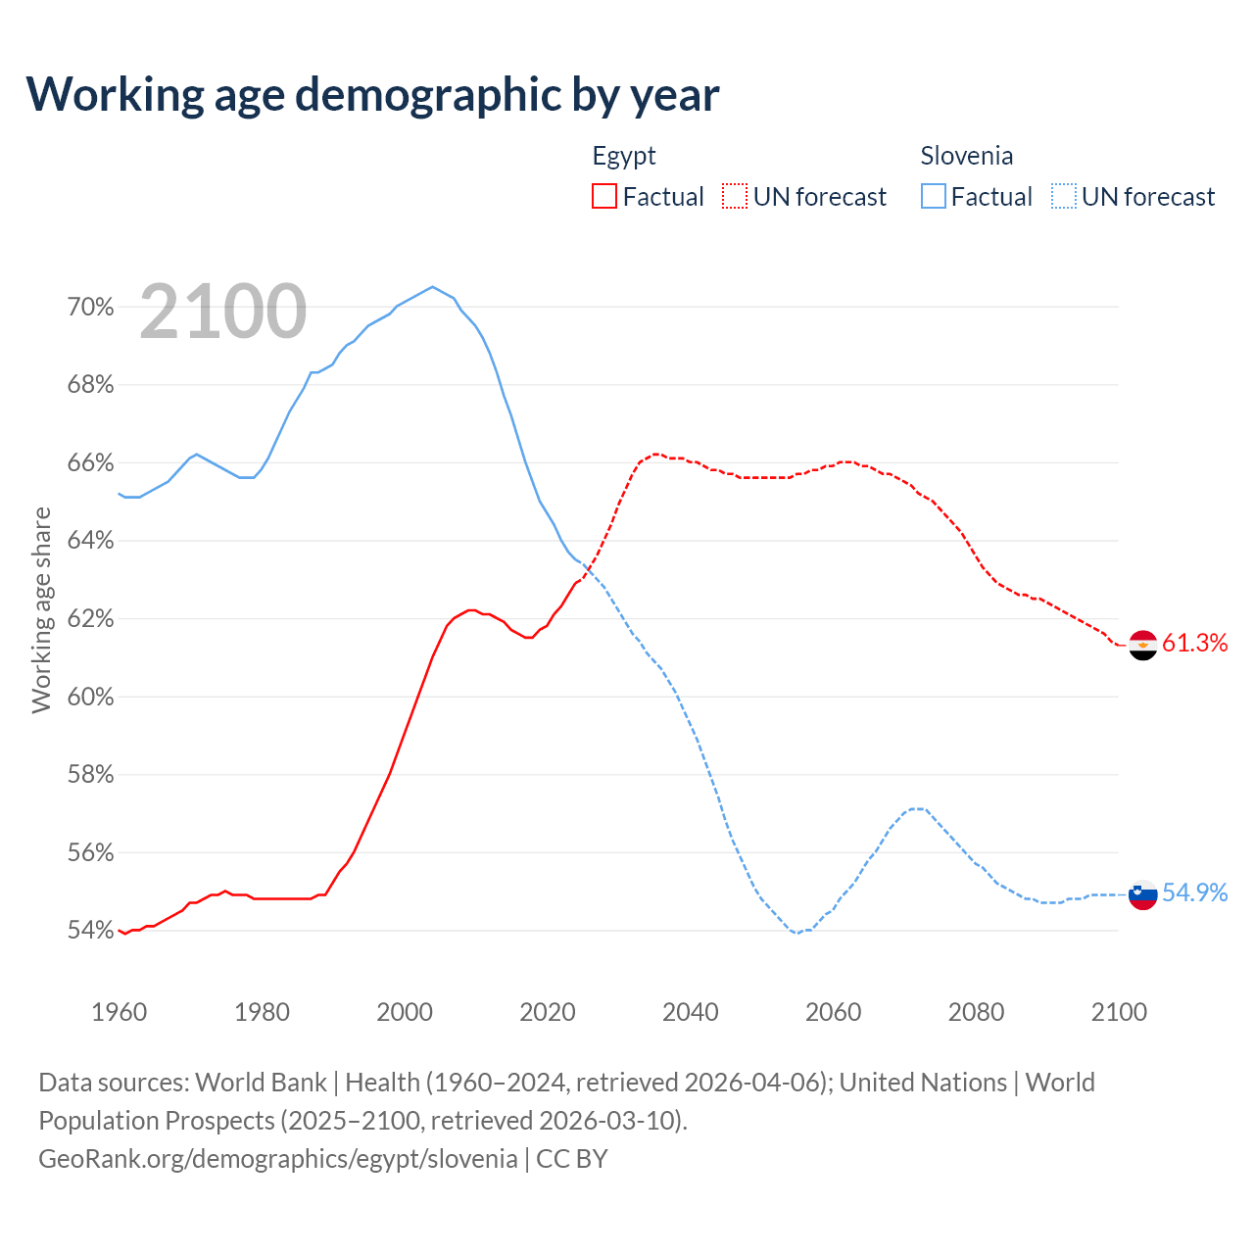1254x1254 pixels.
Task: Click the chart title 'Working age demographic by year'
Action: pyautogui.click(x=372, y=94)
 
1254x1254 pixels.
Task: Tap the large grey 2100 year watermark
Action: pyautogui.click(x=223, y=312)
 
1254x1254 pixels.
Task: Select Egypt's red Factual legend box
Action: pyautogui.click(x=604, y=197)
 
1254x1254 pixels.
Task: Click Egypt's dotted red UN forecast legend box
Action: pyautogui.click(x=735, y=197)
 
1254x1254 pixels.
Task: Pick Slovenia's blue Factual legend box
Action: pyautogui.click(x=934, y=197)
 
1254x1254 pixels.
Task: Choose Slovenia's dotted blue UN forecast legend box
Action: pyautogui.click(x=1063, y=197)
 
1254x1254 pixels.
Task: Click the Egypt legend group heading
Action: pyautogui.click(x=624, y=156)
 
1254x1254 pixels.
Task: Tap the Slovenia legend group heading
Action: pyautogui.click(x=966, y=156)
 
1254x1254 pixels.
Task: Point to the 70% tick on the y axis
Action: pyautogui.click(x=90, y=308)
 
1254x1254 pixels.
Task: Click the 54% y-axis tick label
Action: pyautogui.click(x=90, y=931)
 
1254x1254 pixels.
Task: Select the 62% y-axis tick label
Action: pyautogui.click(x=90, y=619)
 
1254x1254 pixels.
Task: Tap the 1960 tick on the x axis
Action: pyautogui.click(x=120, y=1012)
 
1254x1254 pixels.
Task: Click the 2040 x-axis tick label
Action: pyautogui.click(x=691, y=1012)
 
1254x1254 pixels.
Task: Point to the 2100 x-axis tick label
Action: pyautogui.click(x=1119, y=1012)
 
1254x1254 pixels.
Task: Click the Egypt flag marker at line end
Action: pyautogui.click(x=1143, y=645)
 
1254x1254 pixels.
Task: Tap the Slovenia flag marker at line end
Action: pyautogui.click(x=1143, y=894)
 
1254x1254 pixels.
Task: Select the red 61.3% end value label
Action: pyautogui.click(x=1194, y=643)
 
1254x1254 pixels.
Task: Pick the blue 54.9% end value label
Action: pyautogui.click(x=1194, y=892)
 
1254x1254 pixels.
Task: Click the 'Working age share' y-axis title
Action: pyautogui.click(x=41, y=609)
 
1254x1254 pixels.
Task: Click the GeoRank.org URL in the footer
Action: pyautogui.click(x=278, y=1159)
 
